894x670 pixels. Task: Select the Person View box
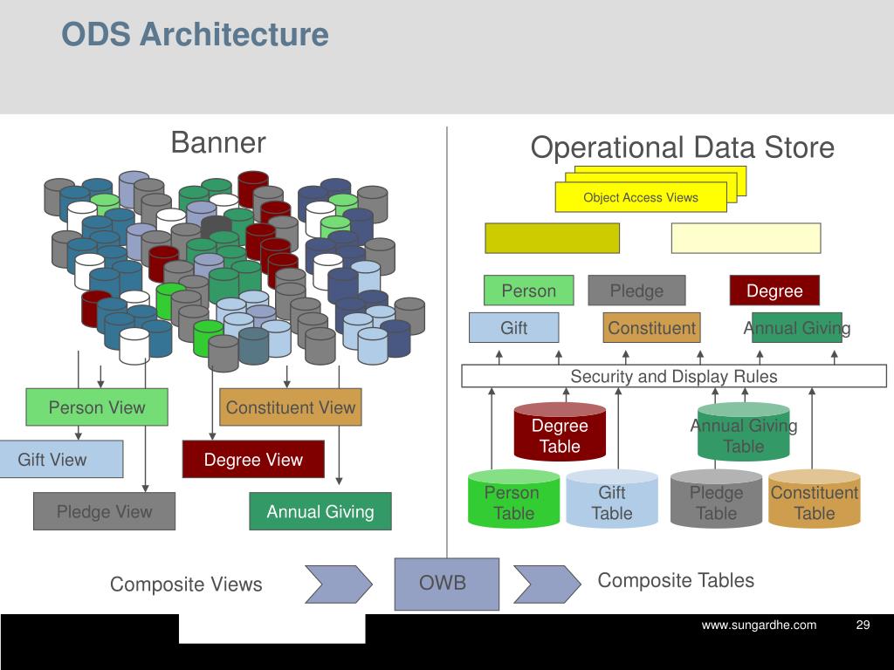tap(96, 407)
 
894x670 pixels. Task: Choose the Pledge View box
tap(104, 511)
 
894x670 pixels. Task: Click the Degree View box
tap(253, 460)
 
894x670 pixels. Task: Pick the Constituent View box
tap(290, 407)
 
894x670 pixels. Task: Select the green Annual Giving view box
tap(320, 511)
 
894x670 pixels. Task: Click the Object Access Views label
tap(640, 197)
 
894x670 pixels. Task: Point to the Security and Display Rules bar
tap(673, 376)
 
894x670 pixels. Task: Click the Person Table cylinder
tap(512, 500)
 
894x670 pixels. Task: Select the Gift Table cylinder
tap(611, 500)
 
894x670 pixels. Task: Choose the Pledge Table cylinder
tap(715, 500)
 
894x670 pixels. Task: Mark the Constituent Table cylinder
tap(814, 500)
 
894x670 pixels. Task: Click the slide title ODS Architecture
tap(195, 35)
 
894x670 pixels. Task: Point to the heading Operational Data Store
tap(682, 147)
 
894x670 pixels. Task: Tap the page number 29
tap(863, 625)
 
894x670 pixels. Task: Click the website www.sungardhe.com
tap(759, 625)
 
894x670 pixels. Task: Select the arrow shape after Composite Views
tap(338, 584)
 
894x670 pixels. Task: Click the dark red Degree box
tap(774, 291)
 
